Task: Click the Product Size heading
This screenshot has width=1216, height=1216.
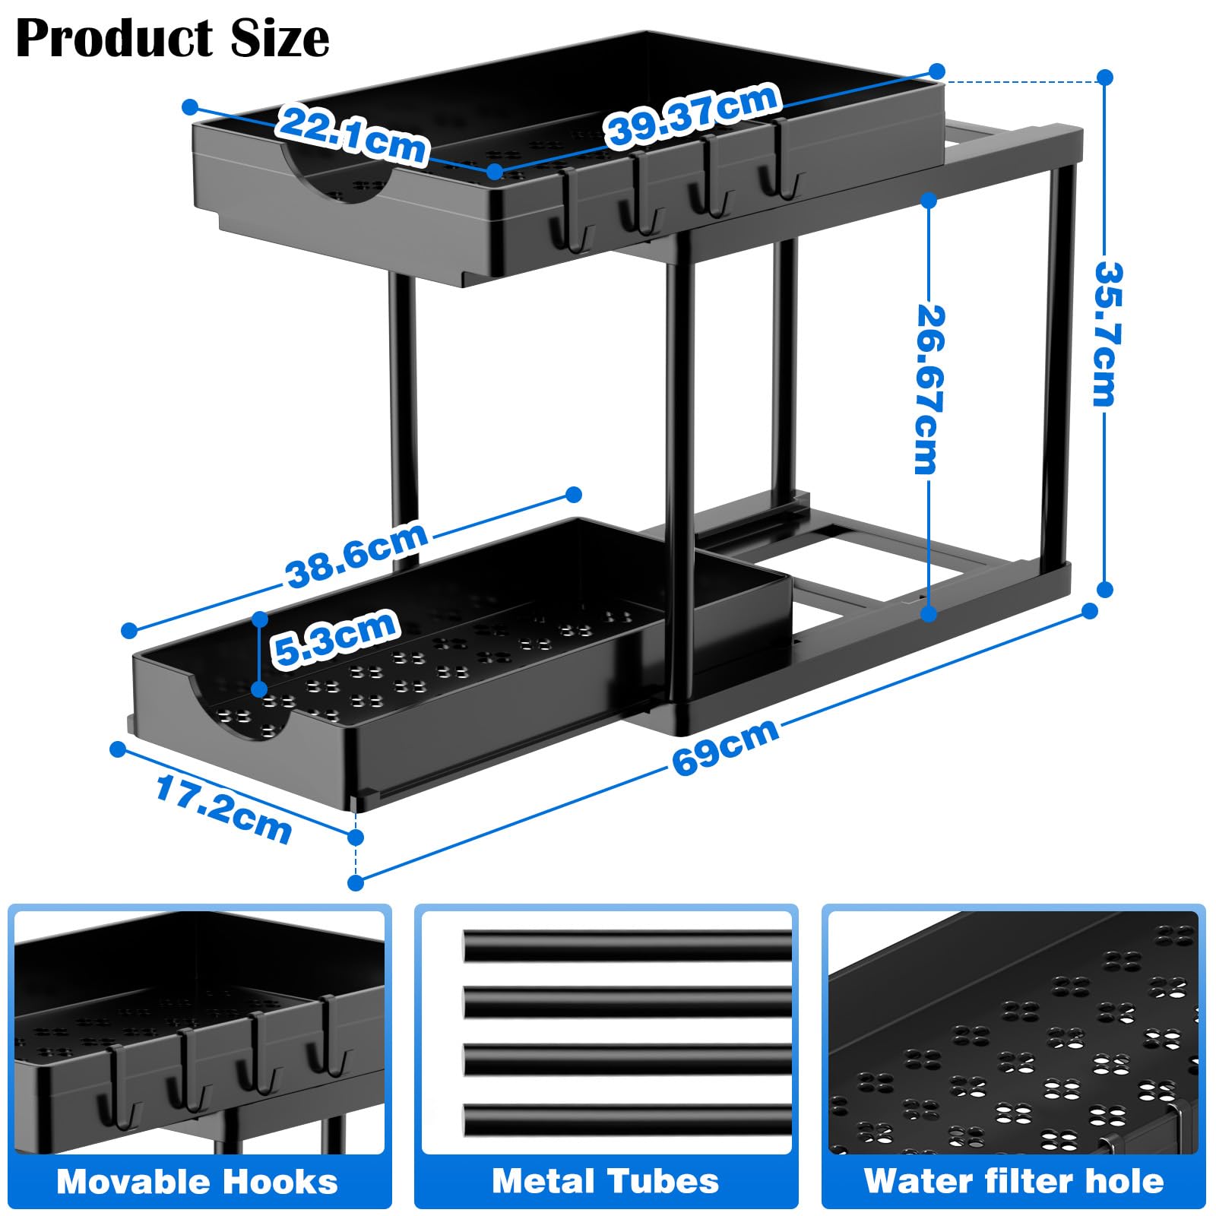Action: coord(173,38)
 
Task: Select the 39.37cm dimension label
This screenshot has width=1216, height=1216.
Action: coord(692,114)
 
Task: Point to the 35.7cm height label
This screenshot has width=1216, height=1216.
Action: coord(1107,334)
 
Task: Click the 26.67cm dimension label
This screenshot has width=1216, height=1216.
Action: coord(928,389)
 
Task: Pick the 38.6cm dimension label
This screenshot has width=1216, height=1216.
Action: coord(356,556)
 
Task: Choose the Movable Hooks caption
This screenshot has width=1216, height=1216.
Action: coord(198,1183)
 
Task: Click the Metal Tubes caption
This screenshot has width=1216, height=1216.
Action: coord(605,1182)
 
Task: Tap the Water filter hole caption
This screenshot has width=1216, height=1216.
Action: coord(1014,1182)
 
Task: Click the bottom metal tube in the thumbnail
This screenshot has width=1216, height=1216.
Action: coord(628,1120)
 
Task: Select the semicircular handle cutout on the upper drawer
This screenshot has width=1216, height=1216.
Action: coord(338,179)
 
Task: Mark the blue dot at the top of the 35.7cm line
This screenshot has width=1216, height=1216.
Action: coord(1106,78)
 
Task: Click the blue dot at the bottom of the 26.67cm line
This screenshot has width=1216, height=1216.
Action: coord(929,613)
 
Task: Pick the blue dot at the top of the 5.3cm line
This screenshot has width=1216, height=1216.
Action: coord(260,619)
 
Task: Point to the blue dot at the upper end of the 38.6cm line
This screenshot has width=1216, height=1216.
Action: coord(574,495)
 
